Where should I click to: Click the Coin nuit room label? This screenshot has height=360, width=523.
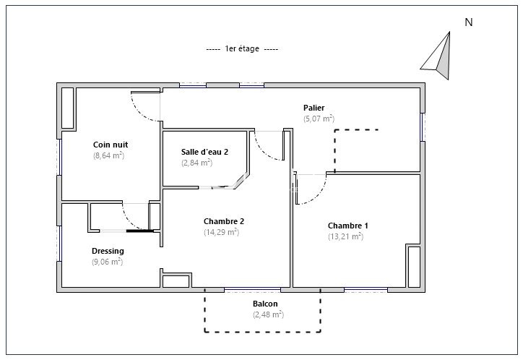[111, 145]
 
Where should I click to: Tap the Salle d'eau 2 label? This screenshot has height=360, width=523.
[204, 152]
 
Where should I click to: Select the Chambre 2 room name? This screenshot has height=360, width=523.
[224, 221]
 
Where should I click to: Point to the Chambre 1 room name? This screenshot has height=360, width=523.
[348, 226]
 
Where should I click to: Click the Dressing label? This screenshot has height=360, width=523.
[108, 251]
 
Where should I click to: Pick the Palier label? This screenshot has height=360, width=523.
[314, 108]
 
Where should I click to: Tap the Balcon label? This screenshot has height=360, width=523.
[265, 304]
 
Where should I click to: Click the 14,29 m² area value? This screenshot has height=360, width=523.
[222, 232]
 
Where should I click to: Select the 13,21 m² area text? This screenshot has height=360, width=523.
[345, 236]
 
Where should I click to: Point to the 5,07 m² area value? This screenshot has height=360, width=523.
[319, 119]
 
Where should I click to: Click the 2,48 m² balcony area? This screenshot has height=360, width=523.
[268, 314]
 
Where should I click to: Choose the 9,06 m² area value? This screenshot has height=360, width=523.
[108, 262]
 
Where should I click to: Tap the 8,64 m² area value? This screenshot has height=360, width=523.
[109, 155]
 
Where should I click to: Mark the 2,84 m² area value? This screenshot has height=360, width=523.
[196, 163]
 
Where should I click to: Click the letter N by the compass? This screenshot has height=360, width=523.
[469, 22]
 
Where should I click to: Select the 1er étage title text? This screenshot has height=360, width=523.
[242, 48]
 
